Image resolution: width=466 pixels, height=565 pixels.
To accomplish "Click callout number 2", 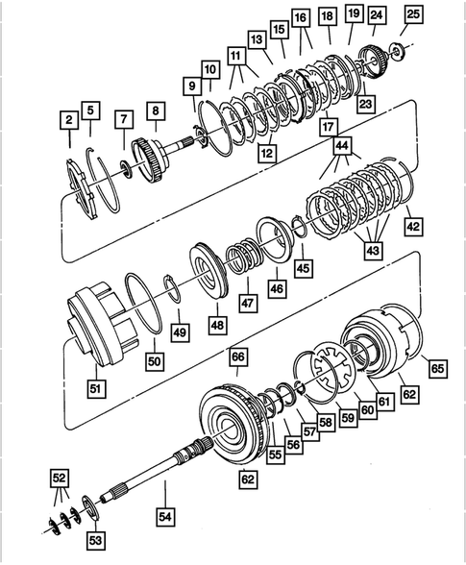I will (x=69, y=120).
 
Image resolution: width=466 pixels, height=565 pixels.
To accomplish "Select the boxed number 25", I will (x=413, y=14).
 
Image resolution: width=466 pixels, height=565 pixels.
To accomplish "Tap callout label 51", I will (x=97, y=388).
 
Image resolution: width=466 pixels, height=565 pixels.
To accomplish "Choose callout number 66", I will (x=237, y=356).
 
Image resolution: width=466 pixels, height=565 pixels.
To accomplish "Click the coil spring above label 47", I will (x=240, y=260).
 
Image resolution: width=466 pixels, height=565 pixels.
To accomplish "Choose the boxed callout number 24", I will (x=376, y=14).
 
